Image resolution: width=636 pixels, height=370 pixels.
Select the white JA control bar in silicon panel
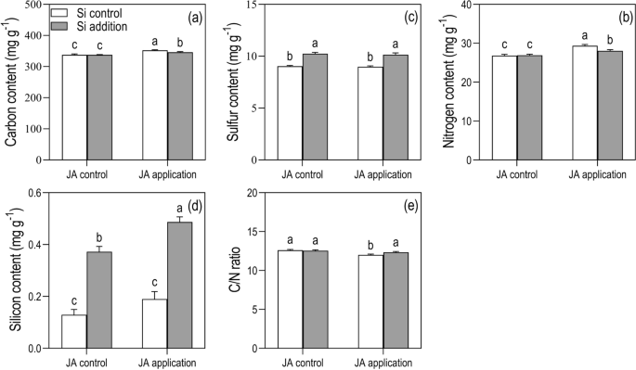73,331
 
